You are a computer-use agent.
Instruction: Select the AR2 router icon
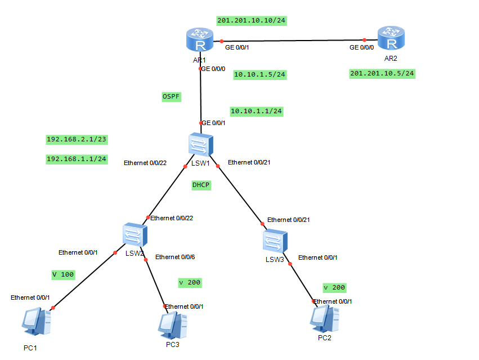tap(391, 39)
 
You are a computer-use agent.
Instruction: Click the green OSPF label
tap(172, 97)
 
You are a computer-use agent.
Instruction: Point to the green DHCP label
tap(201, 185)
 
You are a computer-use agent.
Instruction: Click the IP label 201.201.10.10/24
tap(252, 21)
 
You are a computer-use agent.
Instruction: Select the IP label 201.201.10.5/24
tap(382, 74)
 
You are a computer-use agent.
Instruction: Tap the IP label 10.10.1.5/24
tap(259, 74)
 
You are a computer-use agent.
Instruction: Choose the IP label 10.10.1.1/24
tap(256, 112)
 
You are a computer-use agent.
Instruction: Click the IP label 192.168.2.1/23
tap(77, 139)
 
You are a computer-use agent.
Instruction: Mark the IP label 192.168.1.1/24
tap(77, 159)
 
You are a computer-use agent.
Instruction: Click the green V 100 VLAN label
tap(63, 274)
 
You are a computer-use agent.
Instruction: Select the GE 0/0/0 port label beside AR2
tap(361, 48)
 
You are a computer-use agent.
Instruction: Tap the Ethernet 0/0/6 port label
tap(175, 257)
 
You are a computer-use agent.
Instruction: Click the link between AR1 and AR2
tap(293, 41)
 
